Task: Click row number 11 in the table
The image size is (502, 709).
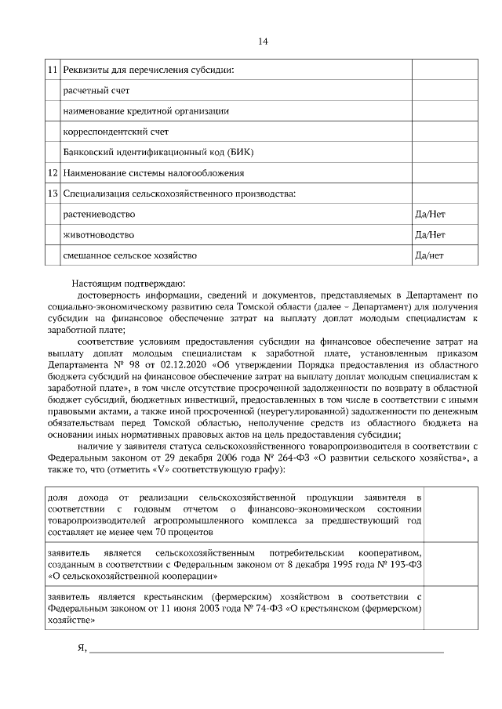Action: pyautogui.click(x=53, y=71)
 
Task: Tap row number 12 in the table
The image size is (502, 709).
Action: pyautogui.click(x=53, y=172)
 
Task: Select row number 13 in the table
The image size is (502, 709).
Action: pyautogui.click(x=53, y=193)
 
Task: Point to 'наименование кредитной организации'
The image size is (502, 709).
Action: pyautogui.click(x=146, y=111)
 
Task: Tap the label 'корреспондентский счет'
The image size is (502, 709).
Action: pyautogui.click(x=115, y=132)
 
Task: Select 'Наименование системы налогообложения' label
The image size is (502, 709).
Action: pyautogui.click(x=154, y=172)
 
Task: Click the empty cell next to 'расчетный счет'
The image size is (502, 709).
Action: pyautogui.click(x=443, y=91)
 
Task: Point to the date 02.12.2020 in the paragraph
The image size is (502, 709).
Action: pyautogui.click(x=185, y=364)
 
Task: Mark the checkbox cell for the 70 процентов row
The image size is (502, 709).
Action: pyautogui.click(x=451, y=512)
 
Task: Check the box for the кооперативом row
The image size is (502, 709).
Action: pyautogui.click(x=451, y=559)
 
